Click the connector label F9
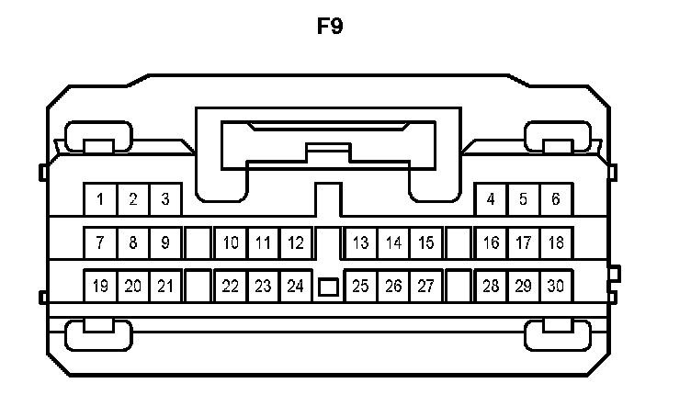click(330, 26)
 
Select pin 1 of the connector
click(100, 198)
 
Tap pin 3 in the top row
click(165, 198)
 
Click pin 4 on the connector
click(492, 198)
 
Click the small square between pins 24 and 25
click(328, 287)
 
